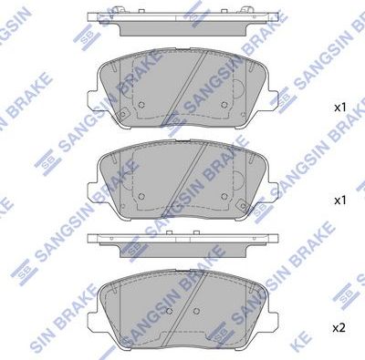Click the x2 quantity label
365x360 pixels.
(339, 327)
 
